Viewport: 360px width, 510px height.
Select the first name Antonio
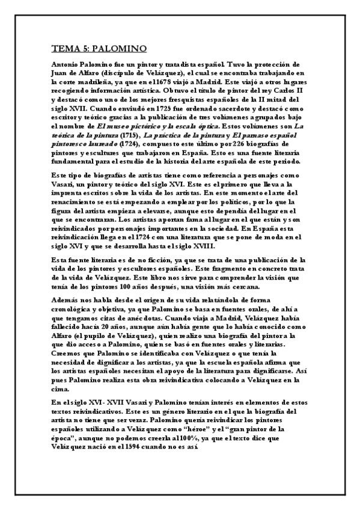(67, 63)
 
